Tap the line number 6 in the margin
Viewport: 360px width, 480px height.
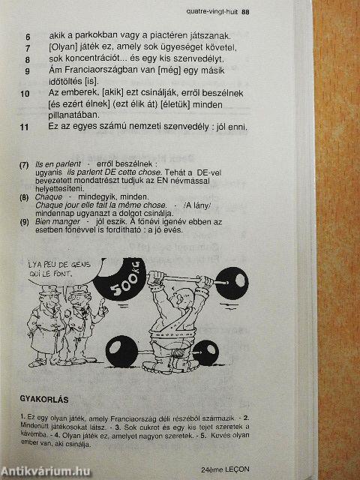(x=28, y=37)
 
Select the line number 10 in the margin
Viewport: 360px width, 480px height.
(x=25, y=94)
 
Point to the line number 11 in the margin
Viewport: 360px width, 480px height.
(x=25, y=127)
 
